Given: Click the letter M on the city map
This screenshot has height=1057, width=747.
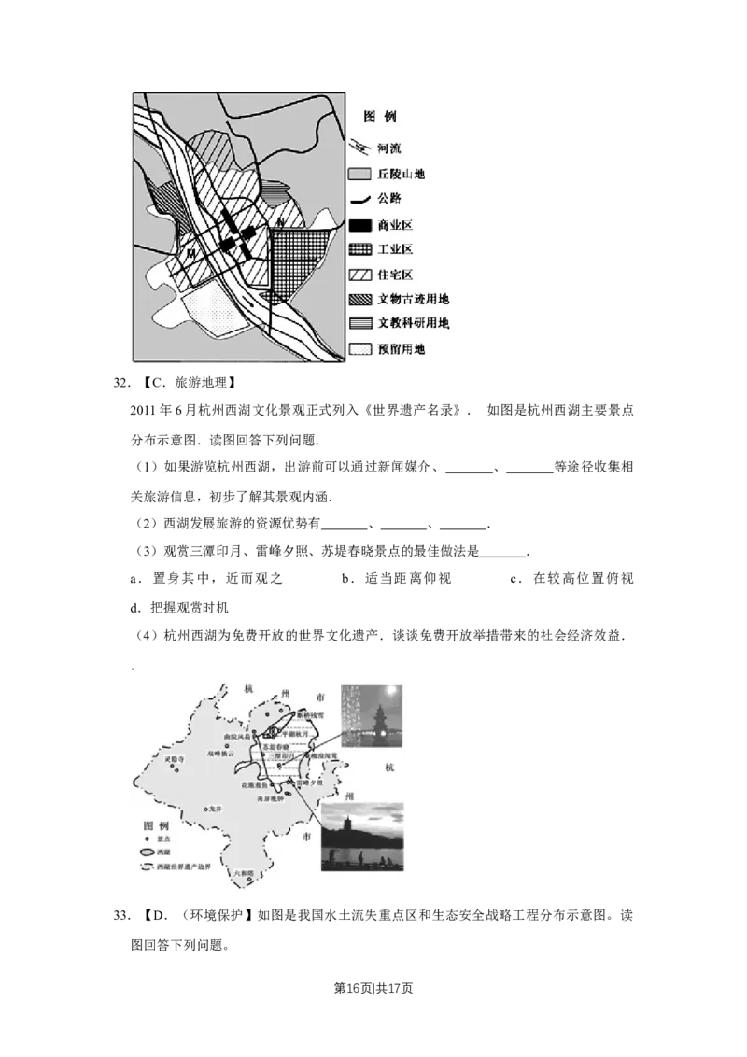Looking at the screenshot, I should pos(190,253).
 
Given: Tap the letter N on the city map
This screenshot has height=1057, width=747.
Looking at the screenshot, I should pos(279,221).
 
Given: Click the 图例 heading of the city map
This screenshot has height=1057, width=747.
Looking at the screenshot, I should pos(380,118).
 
